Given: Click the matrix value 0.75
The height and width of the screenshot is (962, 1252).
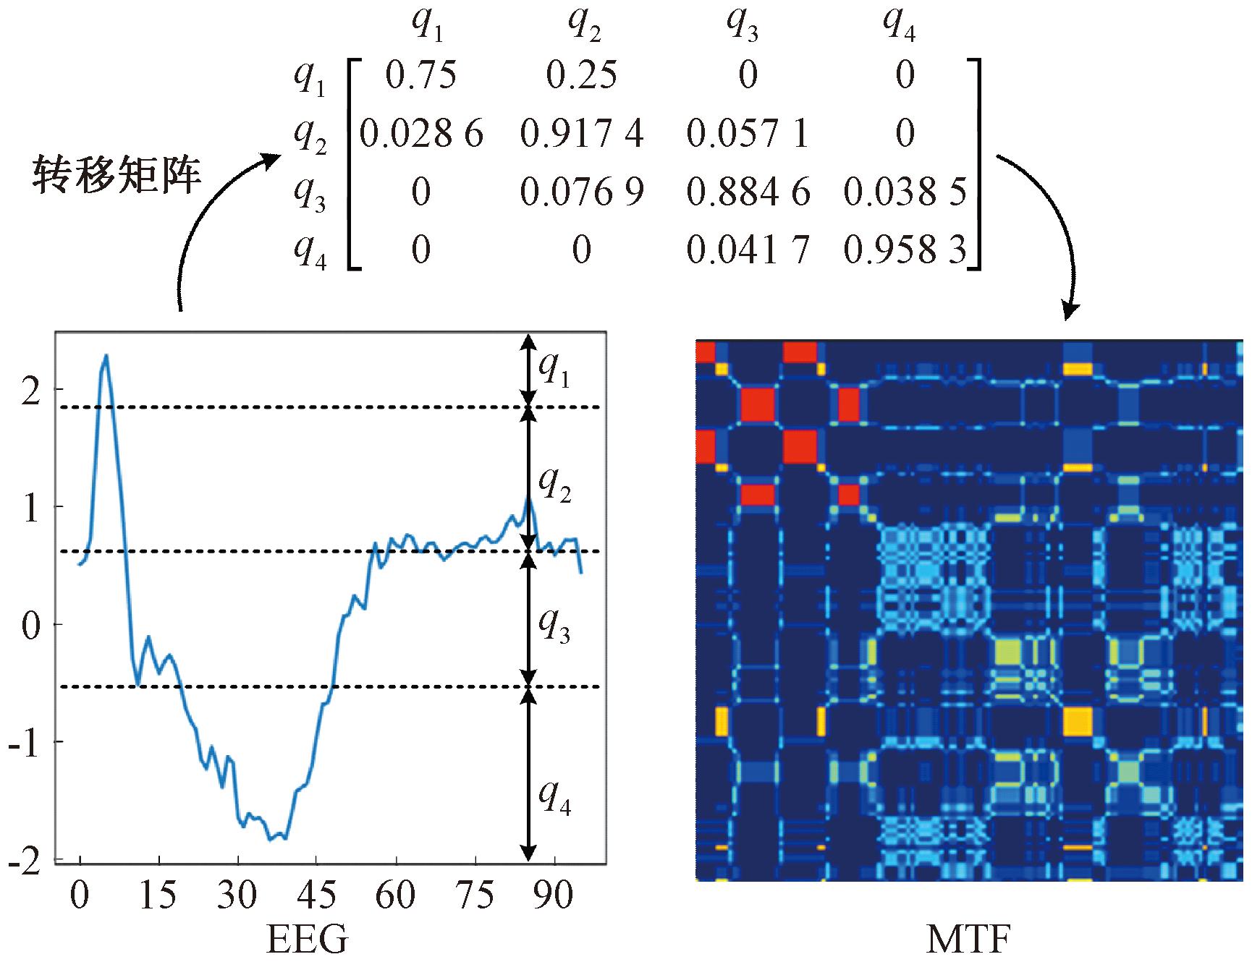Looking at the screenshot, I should click(x=420, y=76).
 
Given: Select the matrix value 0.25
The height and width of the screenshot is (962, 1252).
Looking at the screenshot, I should click(x=581, y=76).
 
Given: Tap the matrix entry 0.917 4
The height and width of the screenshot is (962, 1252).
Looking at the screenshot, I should click(x=582, y=134).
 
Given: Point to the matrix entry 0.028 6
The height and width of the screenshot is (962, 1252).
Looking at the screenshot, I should click(x=421, y=134).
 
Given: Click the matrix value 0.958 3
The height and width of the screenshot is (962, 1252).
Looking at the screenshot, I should click(x=905, y=250).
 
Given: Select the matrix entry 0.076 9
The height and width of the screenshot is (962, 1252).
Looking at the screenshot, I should click(x=582, y=192).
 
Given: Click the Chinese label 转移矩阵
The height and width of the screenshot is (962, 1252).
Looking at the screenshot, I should click(x=117, y=176).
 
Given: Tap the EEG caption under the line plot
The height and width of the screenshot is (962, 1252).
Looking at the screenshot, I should click(x=308, y=940).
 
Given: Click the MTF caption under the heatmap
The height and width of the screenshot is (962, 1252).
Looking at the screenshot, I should click(x=968, y=940).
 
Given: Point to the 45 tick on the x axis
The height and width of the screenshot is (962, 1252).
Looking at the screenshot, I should click(x=316, y=895).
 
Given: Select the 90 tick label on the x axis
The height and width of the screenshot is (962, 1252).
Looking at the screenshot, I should click(x=554, y=895).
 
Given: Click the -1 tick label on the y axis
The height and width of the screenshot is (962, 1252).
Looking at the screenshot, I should click(x=25, y=742).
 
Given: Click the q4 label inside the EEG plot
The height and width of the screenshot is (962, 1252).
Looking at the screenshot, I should click(x=554, y=798).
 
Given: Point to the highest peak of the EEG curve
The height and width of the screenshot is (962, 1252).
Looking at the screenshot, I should click(x=106, y=355).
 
